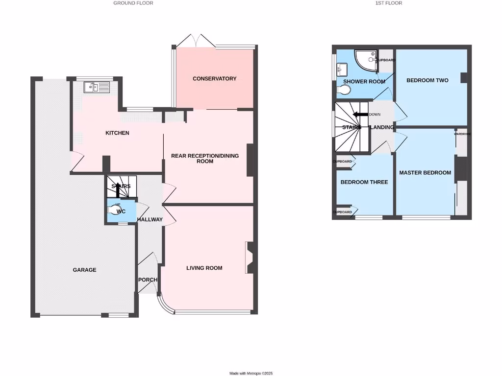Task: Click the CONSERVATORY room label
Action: pos(214,79)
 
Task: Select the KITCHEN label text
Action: pos(118,133)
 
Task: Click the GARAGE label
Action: pos(84,270)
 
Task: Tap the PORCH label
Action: pos(148,280)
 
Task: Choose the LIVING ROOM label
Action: pos(204,268)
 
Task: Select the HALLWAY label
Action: pos(150,219)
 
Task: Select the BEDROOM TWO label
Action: pos(427,80)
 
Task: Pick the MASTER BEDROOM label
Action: pos(425,173)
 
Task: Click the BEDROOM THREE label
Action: pos(364,182)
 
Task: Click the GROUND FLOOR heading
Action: pos(133,3)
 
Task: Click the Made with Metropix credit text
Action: pos(251,373)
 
